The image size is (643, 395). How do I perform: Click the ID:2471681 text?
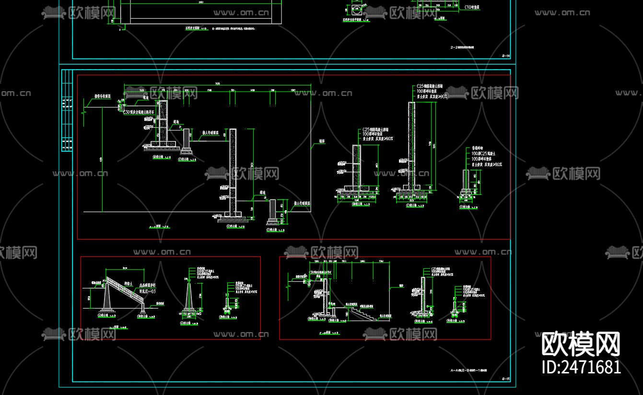pyautogui.click(x=581, y=367)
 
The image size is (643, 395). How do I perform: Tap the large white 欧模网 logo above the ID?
pyautogui.click(x=581, y=344)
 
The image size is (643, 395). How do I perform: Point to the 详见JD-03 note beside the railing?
pyautogui.click(x=147, y=291)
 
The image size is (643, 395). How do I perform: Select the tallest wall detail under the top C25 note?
pyautogui.click(x=411, y=144)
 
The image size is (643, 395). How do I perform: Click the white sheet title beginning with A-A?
pyautogui.click(x=468, y=370)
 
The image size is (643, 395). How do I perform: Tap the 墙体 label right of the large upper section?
pyautogui.click(x=322, y=142)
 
